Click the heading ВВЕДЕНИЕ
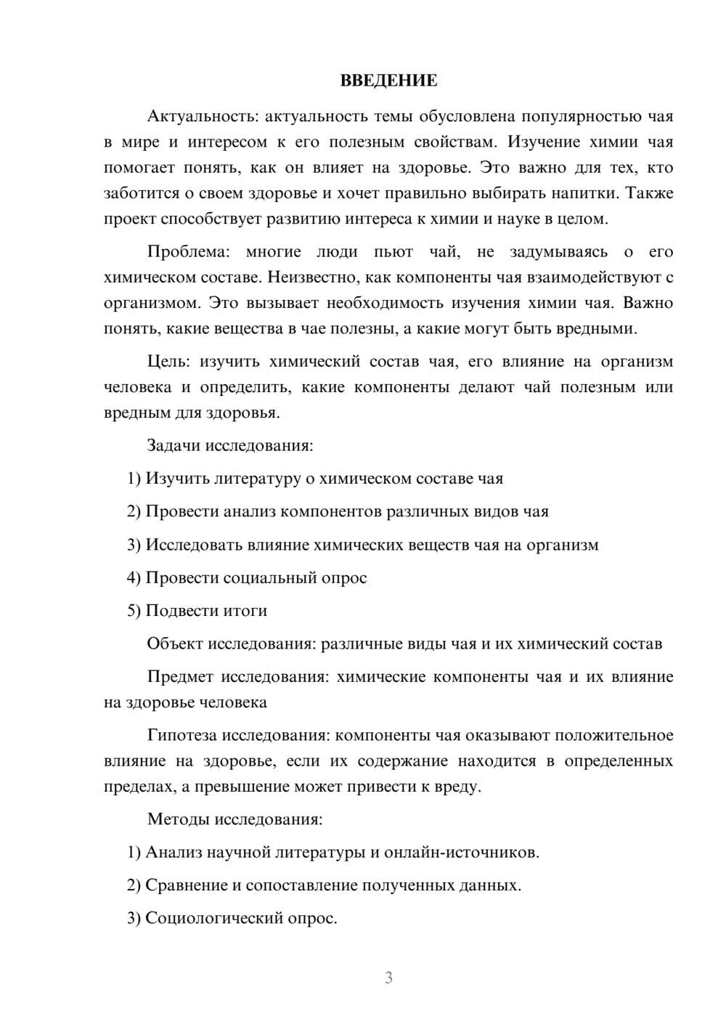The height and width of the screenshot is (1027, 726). [388, 81]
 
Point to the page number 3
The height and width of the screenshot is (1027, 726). [388, 978]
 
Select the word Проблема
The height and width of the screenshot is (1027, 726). [187, 252]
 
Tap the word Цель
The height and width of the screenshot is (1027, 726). [168, 362]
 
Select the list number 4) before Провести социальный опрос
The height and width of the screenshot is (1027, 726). [134, 578]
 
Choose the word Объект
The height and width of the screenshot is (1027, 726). [175, 644]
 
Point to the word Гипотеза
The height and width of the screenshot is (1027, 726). [181, 736]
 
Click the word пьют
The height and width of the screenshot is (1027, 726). [393, 252]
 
